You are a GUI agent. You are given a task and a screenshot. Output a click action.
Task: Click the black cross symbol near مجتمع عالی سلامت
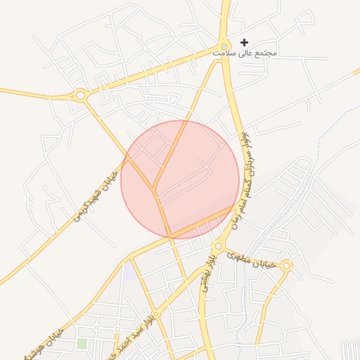244,43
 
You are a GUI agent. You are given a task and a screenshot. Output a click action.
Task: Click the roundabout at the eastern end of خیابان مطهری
286,266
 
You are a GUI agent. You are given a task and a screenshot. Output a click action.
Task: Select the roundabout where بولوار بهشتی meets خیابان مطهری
219,246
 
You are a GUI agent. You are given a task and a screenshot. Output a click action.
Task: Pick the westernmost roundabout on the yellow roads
80,95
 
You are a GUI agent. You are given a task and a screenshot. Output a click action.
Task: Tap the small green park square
82,343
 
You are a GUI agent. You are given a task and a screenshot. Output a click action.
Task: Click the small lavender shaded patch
129,271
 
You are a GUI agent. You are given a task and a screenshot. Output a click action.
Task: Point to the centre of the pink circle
180,179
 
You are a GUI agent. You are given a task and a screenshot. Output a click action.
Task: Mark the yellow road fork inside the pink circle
155,191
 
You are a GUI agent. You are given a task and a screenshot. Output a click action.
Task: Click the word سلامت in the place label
229,53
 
